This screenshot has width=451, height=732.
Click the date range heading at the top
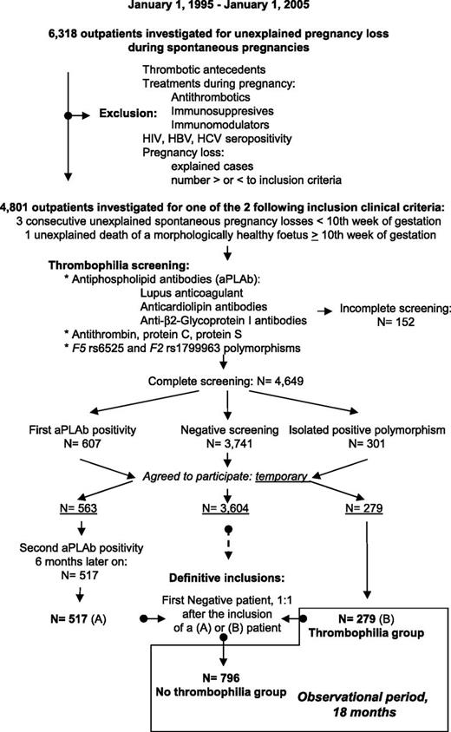pyautogui.click(x=225, y=7)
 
